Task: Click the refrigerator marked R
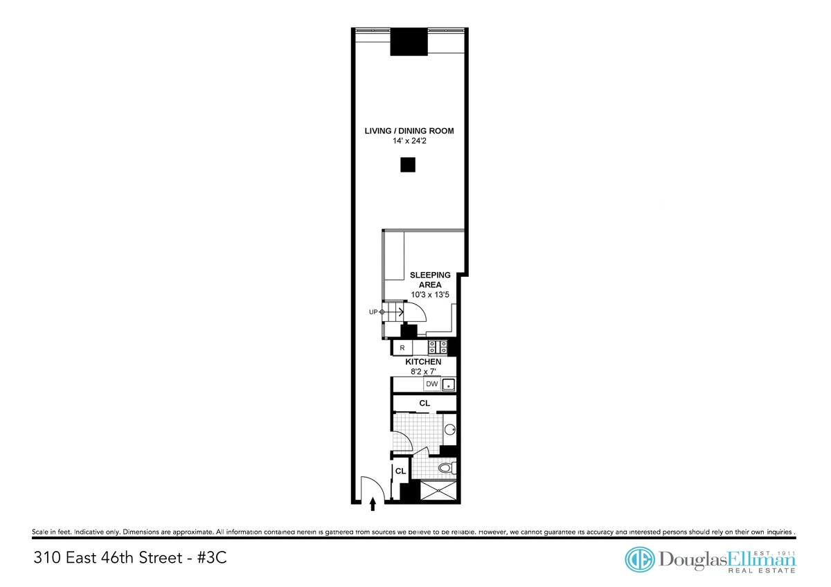click(402, 347)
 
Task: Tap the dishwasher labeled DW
click(431, 383)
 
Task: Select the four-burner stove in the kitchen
click(437, 347)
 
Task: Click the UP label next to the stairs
click(374, 312)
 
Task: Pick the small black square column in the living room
click(407, 165)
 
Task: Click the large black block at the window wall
click(408, 42)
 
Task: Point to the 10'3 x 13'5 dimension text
click(430, 295)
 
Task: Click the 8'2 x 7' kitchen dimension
click(423, 372)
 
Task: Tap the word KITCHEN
click(423, 362)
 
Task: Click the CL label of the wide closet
click(425, 402)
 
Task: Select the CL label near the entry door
click(400, 471)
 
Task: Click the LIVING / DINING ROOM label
click(409, 131)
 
